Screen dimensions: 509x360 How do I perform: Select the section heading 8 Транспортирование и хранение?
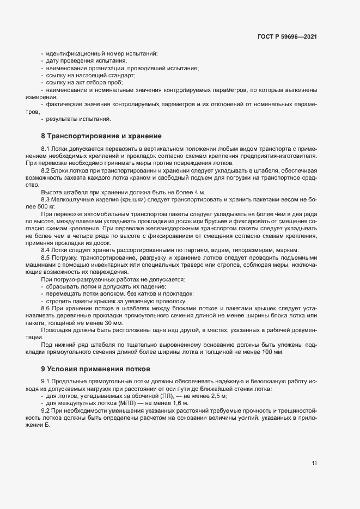98,136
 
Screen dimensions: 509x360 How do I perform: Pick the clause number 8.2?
46,171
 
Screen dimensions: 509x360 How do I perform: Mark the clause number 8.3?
46,200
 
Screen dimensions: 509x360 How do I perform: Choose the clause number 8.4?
46,250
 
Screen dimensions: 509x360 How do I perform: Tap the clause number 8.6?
46,308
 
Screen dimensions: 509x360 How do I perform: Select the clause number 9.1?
46,382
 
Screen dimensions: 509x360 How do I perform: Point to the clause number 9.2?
46,410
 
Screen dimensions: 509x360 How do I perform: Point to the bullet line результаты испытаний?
78,119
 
